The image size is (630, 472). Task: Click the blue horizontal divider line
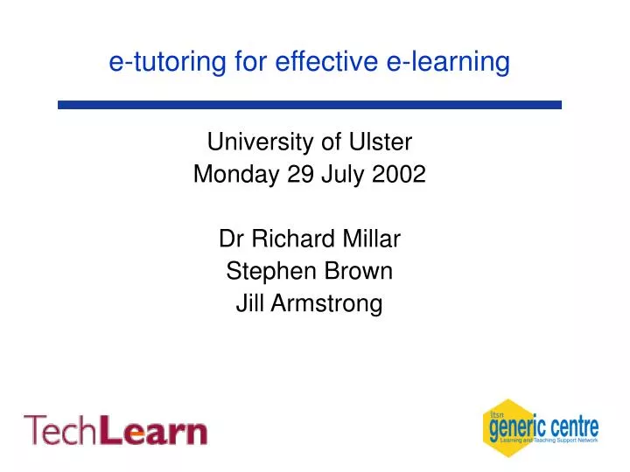tap(310, 104)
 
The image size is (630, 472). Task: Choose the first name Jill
tap(250, 303)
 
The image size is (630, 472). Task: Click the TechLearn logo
tap(115, 430)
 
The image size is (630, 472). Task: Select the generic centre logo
tap(540, 428)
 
